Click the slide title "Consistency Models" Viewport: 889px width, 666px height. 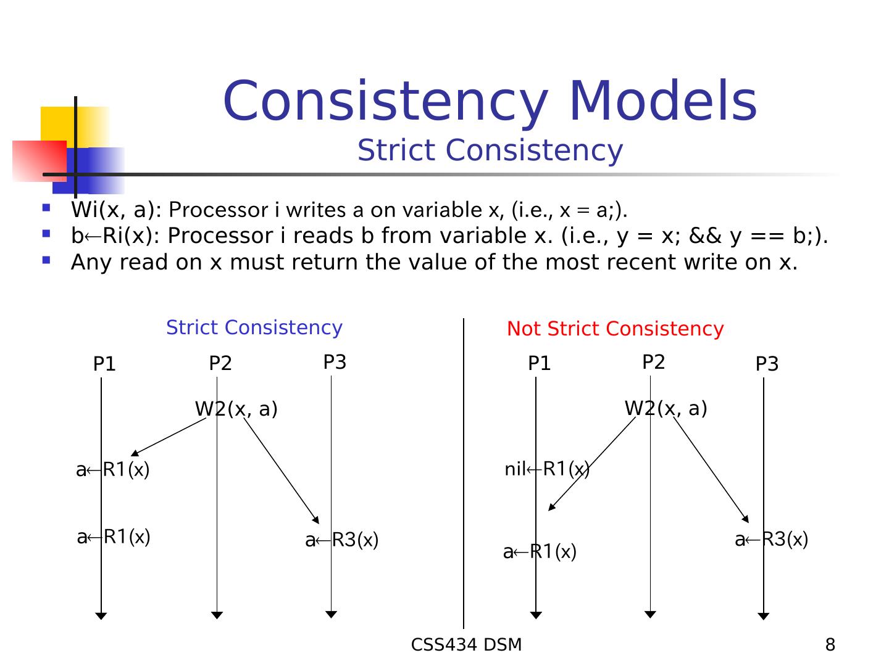point(490,101)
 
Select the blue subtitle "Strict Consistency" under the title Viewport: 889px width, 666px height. point(490,150)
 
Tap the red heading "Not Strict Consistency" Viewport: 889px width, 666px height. point(615,329)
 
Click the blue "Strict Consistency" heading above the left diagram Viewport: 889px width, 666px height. point(254,327)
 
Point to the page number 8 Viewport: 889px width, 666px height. point(830,645)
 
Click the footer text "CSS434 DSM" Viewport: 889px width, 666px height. point(466,645)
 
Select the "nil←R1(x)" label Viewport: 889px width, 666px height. point(547,469)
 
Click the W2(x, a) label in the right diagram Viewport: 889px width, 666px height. point(666,408)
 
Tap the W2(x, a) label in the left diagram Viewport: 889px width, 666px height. point(236,409)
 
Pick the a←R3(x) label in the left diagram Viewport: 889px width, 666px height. point(341,540)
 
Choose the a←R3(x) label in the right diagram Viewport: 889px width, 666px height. point(771,540)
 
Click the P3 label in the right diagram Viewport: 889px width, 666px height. point(767,364)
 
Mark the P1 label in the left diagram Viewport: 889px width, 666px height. point(104,364)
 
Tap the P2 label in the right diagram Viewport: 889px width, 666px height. point(653,362)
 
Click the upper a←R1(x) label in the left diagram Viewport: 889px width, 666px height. point(112,470)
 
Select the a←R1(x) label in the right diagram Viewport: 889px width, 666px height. point(540,552)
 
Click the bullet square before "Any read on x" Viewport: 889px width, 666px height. point(46,260)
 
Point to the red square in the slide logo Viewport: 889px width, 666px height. point(39,161)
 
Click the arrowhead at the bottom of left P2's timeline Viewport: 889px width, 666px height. point(217,615)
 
